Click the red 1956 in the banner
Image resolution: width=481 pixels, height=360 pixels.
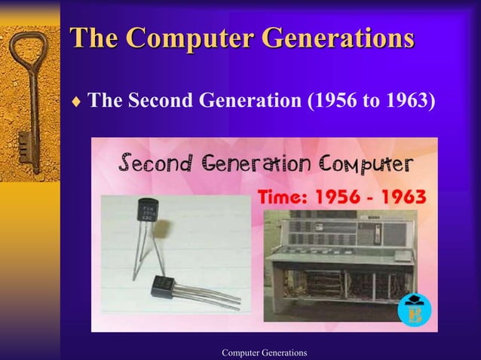(338, 197)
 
